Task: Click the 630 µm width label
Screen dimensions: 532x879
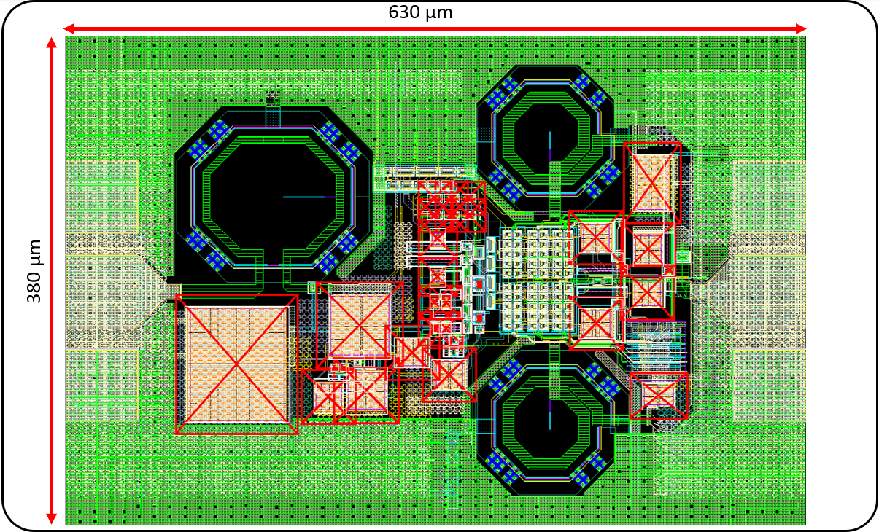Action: click(420, 12)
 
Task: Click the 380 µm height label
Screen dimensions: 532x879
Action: click(34, 271)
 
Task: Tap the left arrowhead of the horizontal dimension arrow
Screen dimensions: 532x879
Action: click(70, 28)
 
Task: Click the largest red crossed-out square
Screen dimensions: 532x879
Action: click(236, 364)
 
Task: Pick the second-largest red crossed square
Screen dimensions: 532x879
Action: click(360, 325)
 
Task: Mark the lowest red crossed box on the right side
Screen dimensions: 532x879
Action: click(659, 396)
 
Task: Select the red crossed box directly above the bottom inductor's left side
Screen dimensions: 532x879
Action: click(449, 375)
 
